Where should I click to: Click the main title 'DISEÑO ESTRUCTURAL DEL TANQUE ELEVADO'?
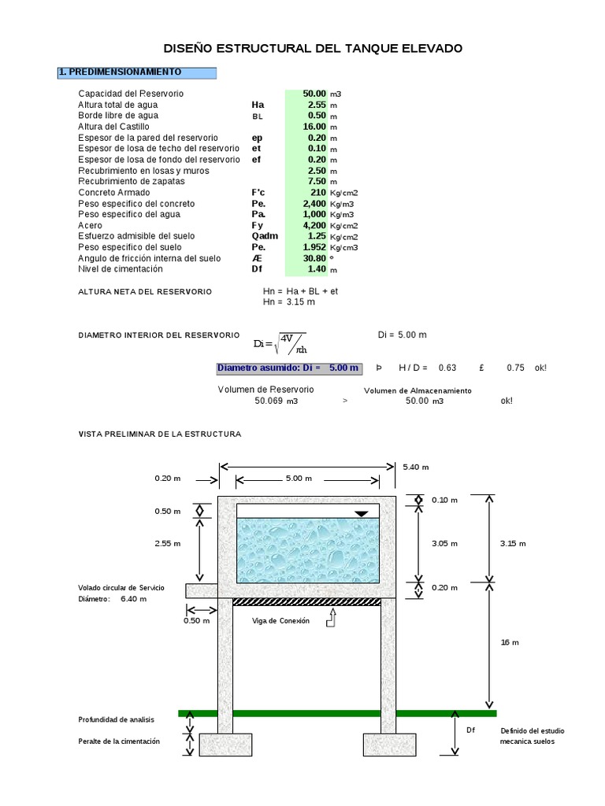(x=313, y=49)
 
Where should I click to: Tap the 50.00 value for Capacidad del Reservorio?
(x=314, y=94)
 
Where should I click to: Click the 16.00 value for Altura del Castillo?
(x=314, y=127)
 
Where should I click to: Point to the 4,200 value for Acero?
(x=314, y=225)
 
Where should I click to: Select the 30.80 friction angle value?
(x=314, y=258)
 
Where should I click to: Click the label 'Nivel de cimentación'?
(x=121, y=269)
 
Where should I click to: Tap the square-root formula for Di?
(x=280, y=343)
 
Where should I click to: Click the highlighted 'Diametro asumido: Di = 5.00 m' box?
(x=289, y=368)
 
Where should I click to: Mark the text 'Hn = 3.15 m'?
(x=289, y=301)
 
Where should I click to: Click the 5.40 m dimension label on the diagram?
(x=415, y=467)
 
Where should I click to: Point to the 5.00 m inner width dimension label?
(x=298, y=479)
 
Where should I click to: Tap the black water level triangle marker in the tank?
(x=361, y=514)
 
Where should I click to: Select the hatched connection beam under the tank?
(x=306, y=602)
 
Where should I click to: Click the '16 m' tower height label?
(x=510, y=642)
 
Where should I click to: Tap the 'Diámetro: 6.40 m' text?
(x=112, y=599)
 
